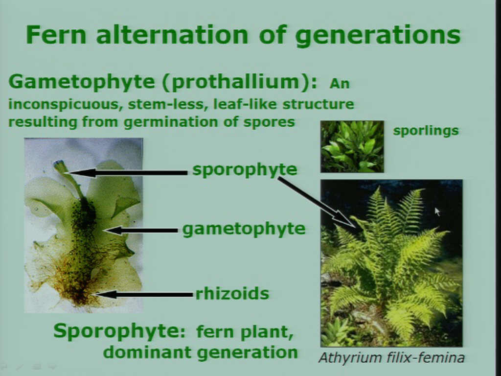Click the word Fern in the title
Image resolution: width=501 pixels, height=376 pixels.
click(56, 35)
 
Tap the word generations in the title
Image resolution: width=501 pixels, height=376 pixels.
click(377, 35)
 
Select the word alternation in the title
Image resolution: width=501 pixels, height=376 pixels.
click(172, 35)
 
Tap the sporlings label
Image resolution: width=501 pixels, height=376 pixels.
click(426, 131)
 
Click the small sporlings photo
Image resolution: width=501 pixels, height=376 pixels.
click(352, 146)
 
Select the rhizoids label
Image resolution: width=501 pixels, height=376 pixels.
click(232, 294)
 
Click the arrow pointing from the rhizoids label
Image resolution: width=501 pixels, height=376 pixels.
click(144, 294)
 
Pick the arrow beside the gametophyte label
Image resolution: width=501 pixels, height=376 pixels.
click(141, 230)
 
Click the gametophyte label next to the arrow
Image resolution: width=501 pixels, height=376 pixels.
click(244, 230)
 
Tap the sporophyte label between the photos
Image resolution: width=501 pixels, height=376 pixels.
click(245, 170)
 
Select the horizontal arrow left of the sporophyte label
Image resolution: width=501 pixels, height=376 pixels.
click(128, 173)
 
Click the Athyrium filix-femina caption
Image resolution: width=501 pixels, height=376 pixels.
click(391, 357)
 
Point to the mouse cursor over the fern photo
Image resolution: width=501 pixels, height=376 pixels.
click(437, 211)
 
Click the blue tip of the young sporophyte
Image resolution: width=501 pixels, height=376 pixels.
click(59, 164)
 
